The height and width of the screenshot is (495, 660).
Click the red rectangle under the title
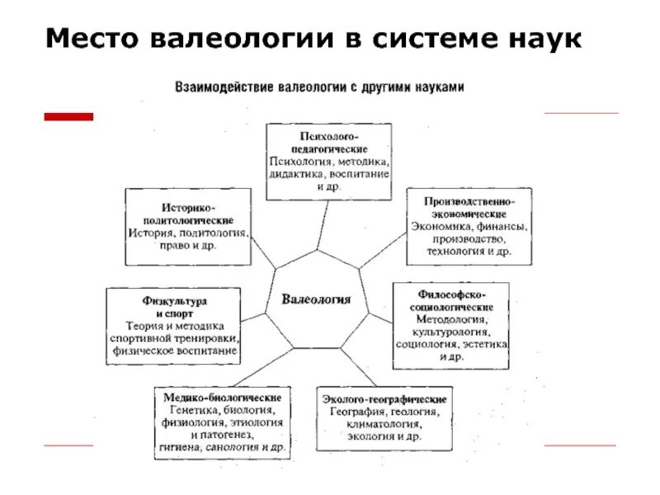coord(68,117)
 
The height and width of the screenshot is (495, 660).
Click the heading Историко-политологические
coord(188,213)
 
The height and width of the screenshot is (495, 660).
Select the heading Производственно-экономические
coord(470,207)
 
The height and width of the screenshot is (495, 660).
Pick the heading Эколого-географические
coord(384,399)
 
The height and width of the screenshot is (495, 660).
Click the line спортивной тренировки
coord(173,338)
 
